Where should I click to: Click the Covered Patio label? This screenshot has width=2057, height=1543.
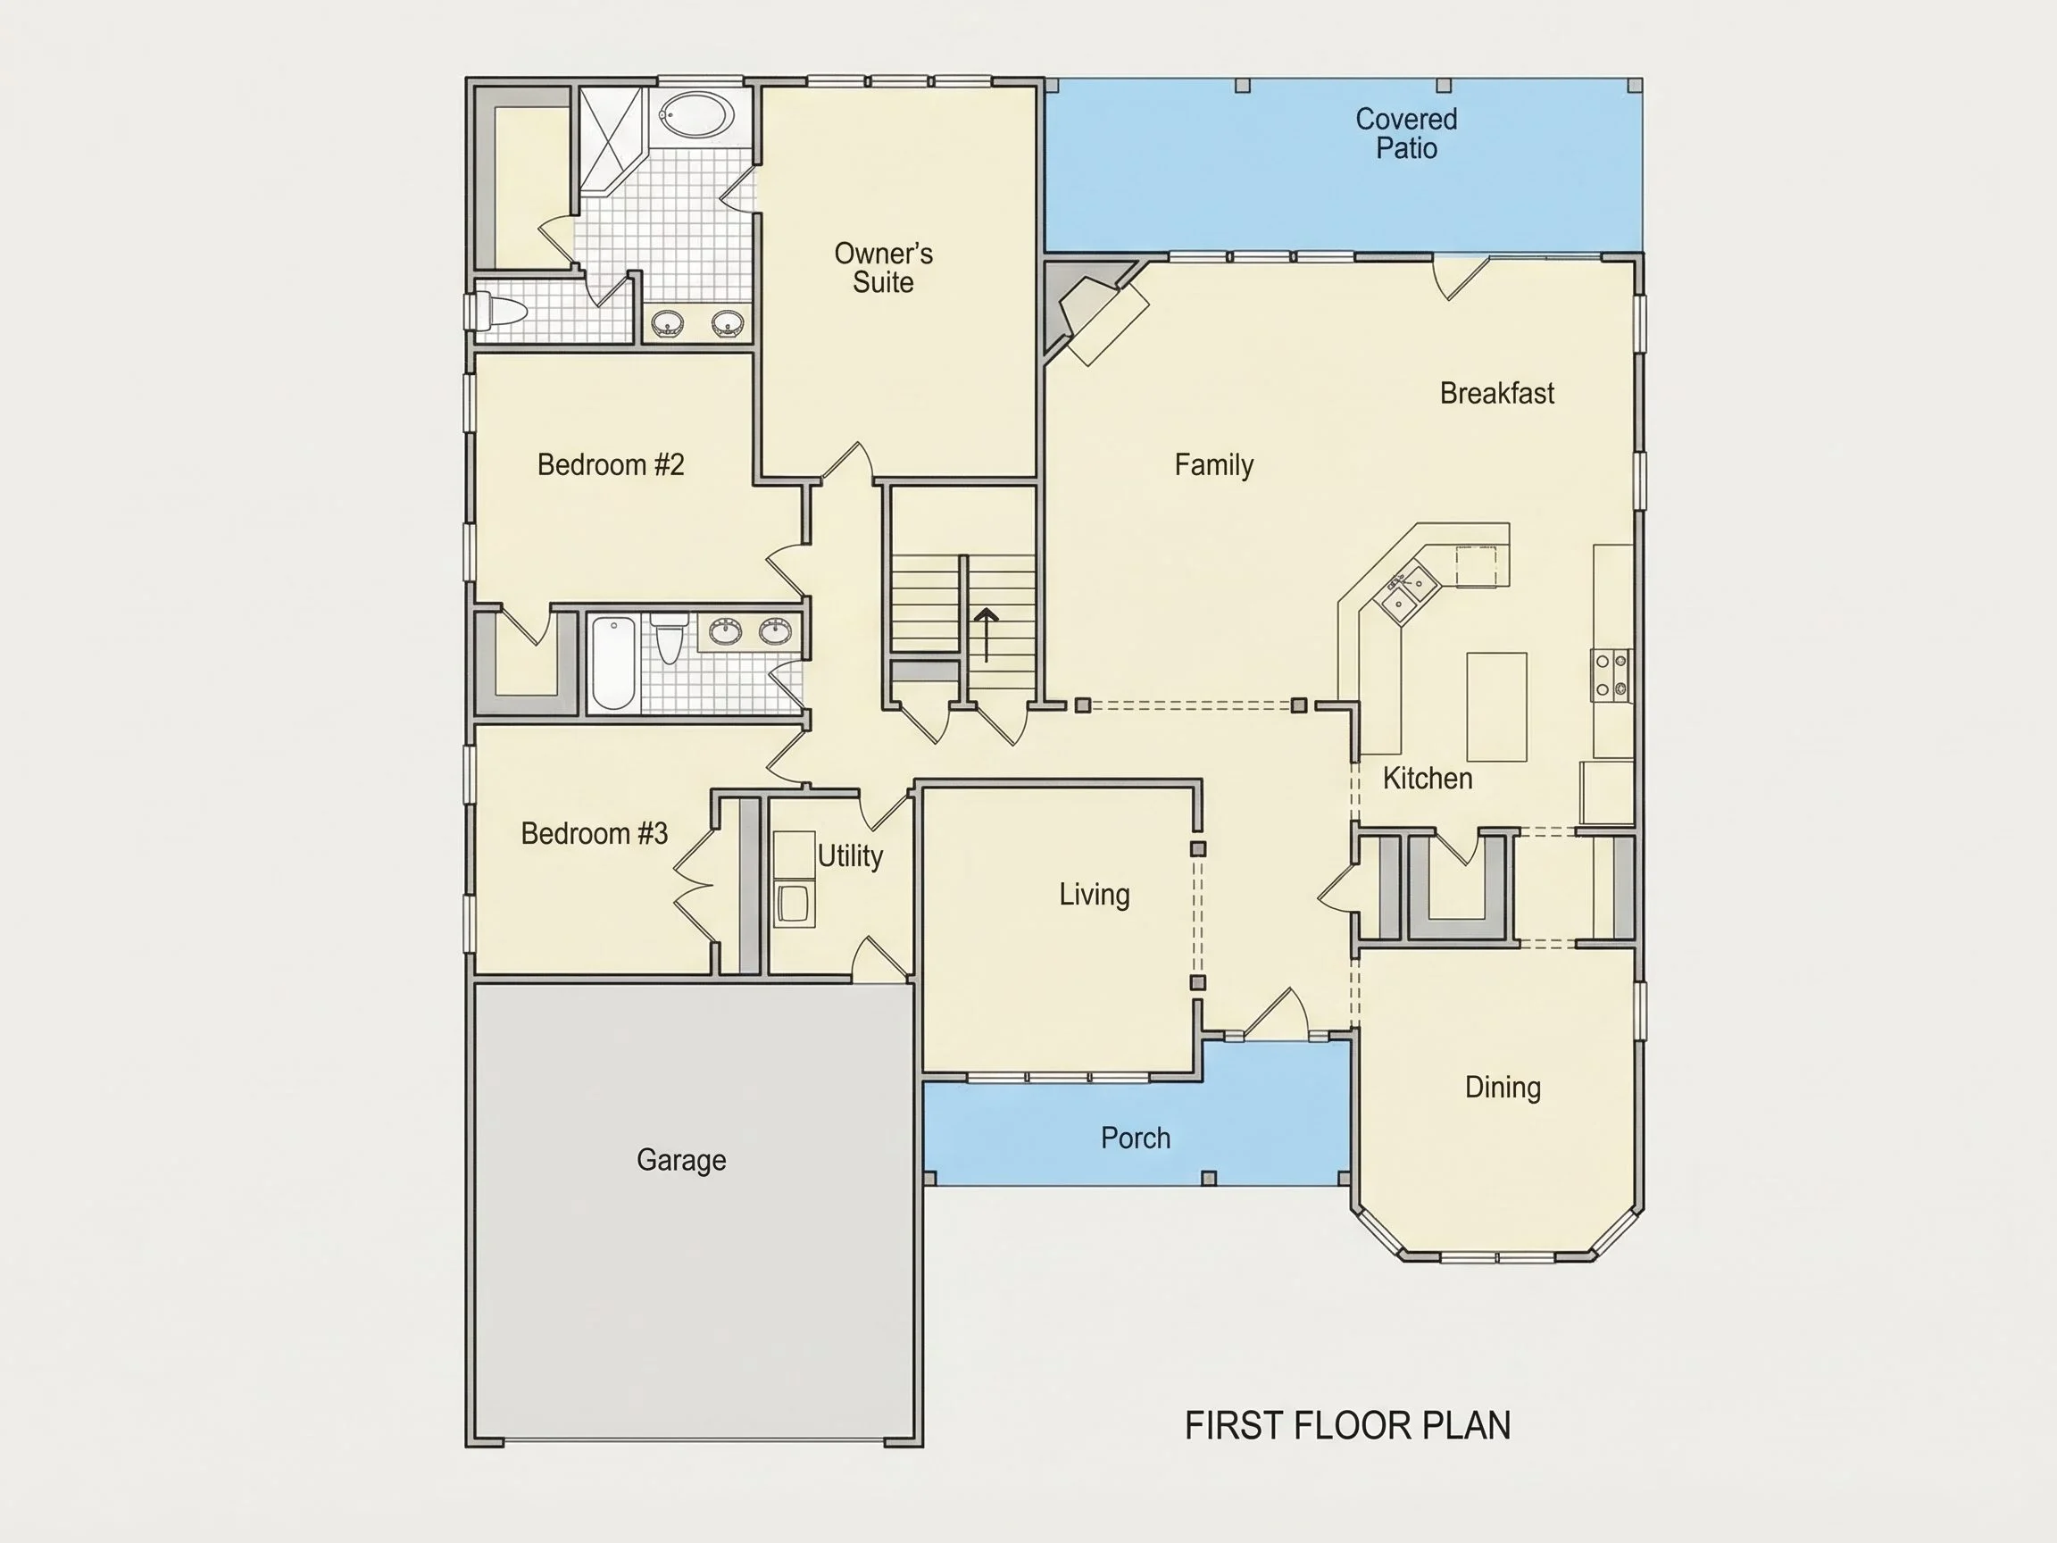tap(1406, 133)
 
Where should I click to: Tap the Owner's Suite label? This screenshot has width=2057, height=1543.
tap(884, 267)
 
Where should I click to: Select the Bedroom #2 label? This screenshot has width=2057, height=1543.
tap(611, 464)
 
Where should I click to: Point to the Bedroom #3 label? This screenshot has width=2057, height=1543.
tap(595, 832)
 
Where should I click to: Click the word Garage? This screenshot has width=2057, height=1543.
tap(681, 1160)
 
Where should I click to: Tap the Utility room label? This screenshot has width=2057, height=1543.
tap(850, 855)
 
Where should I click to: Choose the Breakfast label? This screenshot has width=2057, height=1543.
tap(1497, 393)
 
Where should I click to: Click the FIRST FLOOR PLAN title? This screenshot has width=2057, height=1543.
tap(1347, 1426)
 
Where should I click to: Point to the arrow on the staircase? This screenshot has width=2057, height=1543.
tap(986, 635)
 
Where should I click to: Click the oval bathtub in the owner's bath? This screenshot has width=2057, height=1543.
tap(696, 117)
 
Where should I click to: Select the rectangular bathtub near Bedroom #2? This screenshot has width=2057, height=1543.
tap(612, 663)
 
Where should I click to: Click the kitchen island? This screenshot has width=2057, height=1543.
tap(1496, 707)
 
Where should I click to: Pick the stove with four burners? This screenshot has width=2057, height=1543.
tap(1611, 674)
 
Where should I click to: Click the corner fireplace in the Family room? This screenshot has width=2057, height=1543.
tap(1094, 313)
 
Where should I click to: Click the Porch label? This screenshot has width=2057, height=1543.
tap(1136, 1138)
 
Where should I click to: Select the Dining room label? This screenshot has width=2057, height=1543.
tap(1503, 1088)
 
